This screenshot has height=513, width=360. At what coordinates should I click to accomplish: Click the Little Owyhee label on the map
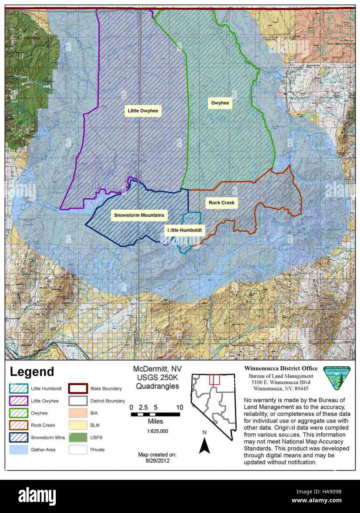coord(143,111)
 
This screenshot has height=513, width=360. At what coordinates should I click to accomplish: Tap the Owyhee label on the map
coord(220,103)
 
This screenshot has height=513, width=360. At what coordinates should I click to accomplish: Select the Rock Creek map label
coord(221,203)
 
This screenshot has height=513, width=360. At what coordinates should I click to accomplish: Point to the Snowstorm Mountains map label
coord(139,215)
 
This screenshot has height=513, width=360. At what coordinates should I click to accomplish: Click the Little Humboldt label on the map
coord(185,230)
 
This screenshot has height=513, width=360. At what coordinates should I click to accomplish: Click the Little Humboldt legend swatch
coord(19,389)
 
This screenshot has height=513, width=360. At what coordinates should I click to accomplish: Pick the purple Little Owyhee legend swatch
coord(19,401)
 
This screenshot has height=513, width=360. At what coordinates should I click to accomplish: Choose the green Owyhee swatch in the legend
coord(19,413)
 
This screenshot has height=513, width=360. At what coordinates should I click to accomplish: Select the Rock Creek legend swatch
coord(19,425)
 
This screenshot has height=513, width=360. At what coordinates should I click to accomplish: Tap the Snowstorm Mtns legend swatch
coord(19,437)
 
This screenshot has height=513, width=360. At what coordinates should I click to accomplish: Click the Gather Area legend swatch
coord(19,450)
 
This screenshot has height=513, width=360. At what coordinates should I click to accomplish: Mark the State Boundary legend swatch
coord(78,389)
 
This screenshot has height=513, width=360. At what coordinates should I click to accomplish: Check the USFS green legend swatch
coord(78,437)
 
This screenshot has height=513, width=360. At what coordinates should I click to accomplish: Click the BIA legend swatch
coord(78,413)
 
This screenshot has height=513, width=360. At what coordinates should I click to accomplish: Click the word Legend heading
coord(32,372)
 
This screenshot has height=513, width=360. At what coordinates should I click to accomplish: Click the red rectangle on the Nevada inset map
coord(215,380)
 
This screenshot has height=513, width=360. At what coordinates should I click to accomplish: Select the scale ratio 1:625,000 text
coord(155,431)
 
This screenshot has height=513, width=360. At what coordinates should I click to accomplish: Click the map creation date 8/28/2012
coord(157,461)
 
